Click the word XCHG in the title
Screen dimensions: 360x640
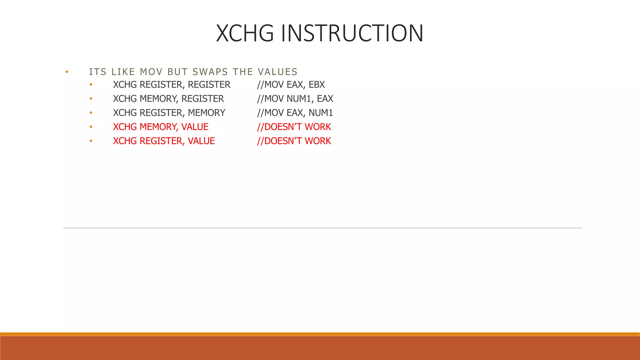[x=245, y=33]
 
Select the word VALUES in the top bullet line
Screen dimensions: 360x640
[x=277, y=72]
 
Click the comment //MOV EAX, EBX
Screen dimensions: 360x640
[x=291, y=85]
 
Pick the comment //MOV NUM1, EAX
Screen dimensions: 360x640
[x=295, y=99]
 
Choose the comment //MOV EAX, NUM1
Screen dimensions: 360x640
[x=295, y=113]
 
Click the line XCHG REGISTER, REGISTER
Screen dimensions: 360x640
[x=172, y=85]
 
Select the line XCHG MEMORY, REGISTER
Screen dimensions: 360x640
[x=168, y=99]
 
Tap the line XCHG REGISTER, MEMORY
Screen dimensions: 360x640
[x=169, y=113]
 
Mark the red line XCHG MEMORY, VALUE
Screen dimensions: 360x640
[x=161, y=127]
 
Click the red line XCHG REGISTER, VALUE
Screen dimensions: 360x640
[x=164, y=141]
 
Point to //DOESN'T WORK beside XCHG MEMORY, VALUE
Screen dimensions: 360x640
[x=294, y=127]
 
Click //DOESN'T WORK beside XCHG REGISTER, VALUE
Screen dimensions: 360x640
[x=294, y=141]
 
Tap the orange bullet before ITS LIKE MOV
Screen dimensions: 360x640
[x=67, y=72]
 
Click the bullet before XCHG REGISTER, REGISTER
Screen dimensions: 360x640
[x=91, y=85]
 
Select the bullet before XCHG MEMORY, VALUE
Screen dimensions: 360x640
[x=91, y=127]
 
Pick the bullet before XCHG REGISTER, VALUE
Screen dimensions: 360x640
[x=91, y=141]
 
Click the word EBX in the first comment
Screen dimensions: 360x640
[x=317, y=85]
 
